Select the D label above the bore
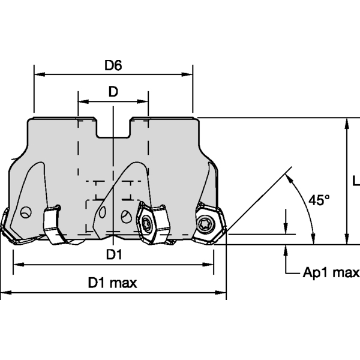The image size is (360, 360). (113, 92)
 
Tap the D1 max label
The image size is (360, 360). (113, 283)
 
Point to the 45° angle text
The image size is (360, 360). (319, 200)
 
